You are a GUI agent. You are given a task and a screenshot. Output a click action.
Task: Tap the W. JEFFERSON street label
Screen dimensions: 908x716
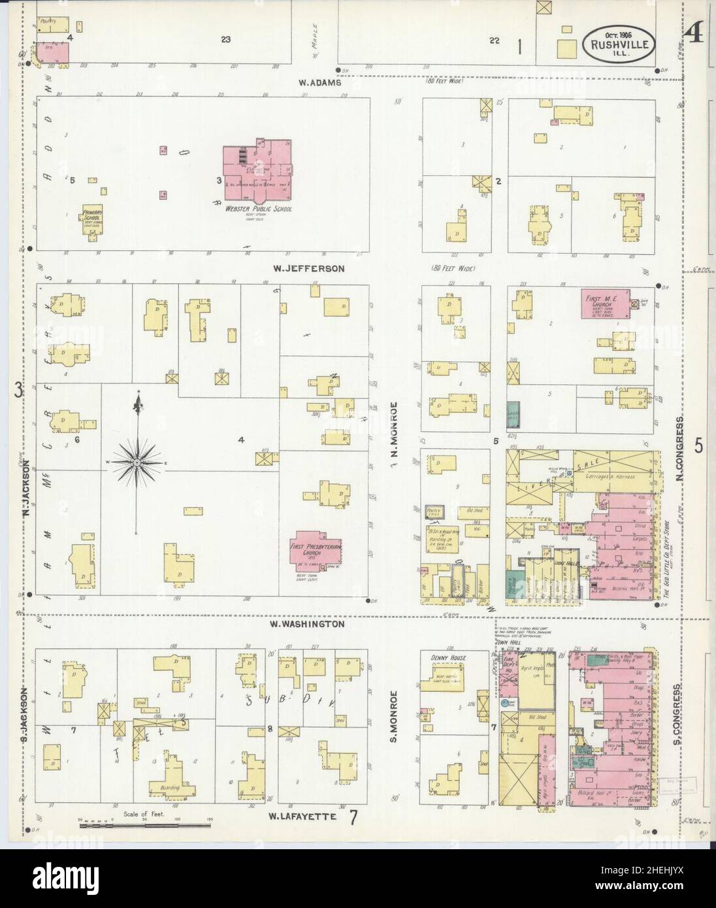tap(310, 268)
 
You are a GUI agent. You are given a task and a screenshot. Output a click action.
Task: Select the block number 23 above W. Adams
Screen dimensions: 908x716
tap(225, 40)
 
